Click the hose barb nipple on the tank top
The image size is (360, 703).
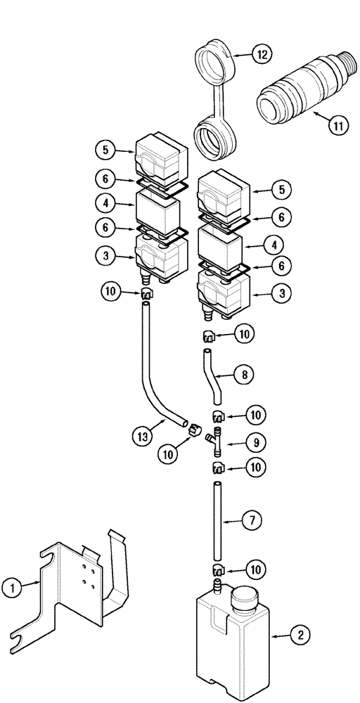[217, 582]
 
